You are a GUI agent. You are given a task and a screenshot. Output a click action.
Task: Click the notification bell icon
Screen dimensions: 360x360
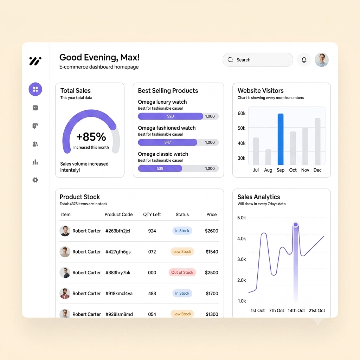pyautogui.click(x=304, y=60)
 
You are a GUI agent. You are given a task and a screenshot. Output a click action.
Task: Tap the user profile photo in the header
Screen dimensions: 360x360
pyautogui.click(x=321, y=60)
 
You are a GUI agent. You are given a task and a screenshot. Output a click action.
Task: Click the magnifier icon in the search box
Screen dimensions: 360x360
pyautogui.click(x=230, y=60)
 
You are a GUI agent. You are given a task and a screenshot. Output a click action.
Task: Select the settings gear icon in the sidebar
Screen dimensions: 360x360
pyautogui.click(x=35, y=180)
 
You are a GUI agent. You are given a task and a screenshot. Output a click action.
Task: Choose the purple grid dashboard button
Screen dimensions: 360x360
pyautogui.click(x=36, y=89)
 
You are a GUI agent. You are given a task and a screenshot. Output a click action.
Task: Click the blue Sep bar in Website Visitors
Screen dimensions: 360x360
pyautogui.click(x=280, y=139)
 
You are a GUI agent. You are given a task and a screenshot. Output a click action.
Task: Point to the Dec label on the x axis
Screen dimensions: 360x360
pyautogui.click(x=317, y=170)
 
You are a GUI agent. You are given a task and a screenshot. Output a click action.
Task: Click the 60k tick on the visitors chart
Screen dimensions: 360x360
pyautogui.click(x=242, y=114)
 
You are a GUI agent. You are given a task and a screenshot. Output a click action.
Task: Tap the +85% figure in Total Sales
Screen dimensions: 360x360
pyautogui.click(x=91, y=137)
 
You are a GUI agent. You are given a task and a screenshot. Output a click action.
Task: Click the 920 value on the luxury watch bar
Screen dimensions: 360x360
pyautogui.click(x=171, y=116)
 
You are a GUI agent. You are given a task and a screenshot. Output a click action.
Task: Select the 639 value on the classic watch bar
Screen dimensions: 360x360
pyautogui.click(x=160, y=168)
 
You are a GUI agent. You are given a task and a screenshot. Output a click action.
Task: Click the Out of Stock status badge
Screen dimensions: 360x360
pyautogui.click(x=182, y=272)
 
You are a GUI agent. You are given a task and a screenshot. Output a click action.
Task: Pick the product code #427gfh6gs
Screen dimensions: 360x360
pyautogui.click(x=118, y=252)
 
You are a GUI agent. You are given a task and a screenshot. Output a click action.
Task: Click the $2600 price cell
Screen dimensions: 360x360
pyautogui.click(x=211, y=231)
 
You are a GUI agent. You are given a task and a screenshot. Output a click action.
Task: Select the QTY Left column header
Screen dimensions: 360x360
pyautogui.click(x=152, y=214)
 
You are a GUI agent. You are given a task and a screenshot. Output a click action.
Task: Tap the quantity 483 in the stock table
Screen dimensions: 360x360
pyautogui.click(x=152, y=294)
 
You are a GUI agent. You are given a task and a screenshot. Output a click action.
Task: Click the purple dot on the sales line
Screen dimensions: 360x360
pyautogui.click(x=296, y=225)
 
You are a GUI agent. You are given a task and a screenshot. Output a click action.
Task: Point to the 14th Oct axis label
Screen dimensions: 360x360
pyautogui.click(x=296, y=310)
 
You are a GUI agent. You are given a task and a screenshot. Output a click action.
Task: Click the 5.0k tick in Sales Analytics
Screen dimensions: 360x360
pyautogui.click(x=242, y=218)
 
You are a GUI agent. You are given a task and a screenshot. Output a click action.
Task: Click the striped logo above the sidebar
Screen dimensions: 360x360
pyautogui.click(x=36, y=61)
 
